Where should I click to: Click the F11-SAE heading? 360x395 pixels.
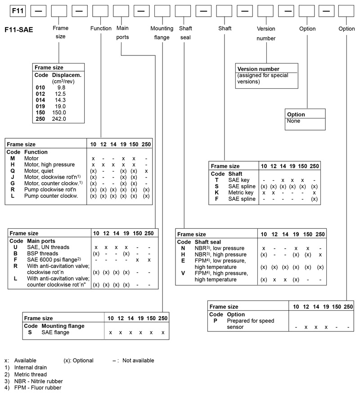[18, 30]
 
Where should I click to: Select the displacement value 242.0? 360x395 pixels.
[59, 119]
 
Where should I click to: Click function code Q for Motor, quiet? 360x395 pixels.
[13, 171]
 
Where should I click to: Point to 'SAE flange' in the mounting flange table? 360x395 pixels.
[55, 332]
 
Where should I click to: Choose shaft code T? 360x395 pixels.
[217, 180]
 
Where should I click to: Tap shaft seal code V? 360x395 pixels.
[183, 273]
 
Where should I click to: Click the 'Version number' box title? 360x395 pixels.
[257, 69]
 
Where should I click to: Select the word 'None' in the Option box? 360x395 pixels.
[293, 121]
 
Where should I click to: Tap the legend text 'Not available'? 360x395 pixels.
[138, 360]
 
